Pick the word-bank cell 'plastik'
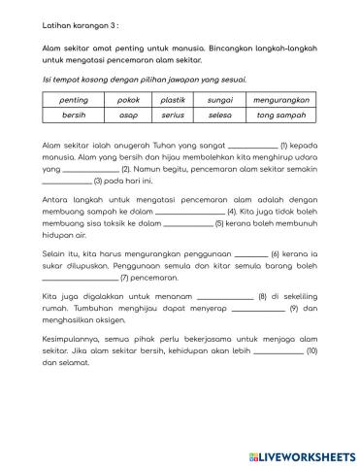pos(174,98)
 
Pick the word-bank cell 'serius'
pos(174,115)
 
